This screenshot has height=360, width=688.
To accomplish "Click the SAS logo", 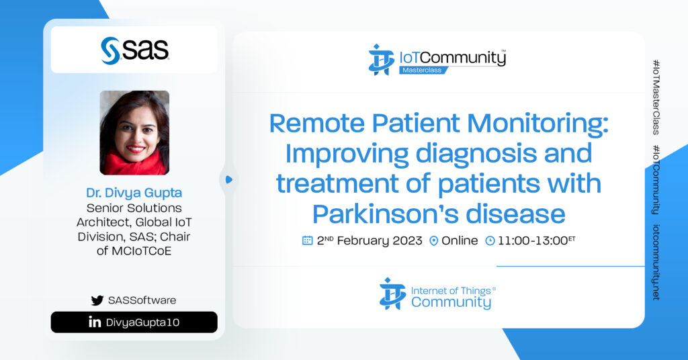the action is click(x=134, y=50).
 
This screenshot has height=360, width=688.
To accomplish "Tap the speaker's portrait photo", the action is click(x=134, y=132).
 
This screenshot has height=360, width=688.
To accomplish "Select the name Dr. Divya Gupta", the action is click(x=134, y=193).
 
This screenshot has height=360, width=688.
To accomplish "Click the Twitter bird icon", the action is click(x=97, y=300).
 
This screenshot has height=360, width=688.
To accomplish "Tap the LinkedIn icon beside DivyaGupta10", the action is click(x=94, y=322).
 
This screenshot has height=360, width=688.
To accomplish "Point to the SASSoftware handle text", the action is click(x=142, y=300).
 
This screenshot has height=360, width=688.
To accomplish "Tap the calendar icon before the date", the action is click(x=307, y=240).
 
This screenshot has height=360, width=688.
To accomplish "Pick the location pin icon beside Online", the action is click(x=433, y=240).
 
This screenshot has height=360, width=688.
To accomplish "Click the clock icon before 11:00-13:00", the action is click(x=490, y=240).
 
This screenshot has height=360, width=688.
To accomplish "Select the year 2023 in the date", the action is click(x=407, y=240).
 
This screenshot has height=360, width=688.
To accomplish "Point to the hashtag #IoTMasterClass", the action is click(x=656, y=97).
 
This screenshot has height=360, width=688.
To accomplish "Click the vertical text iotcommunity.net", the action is click(x=656, y=262).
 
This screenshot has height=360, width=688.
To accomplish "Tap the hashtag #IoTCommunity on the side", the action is click(x=656, y=180).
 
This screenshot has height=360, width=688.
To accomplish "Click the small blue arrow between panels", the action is click(x=228, y=179).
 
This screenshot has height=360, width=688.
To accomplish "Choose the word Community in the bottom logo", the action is click(x=451, y=302).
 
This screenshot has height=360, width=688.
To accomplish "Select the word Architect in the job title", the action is click(x=103, y=222).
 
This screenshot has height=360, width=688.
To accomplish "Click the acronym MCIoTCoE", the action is click(x=134, y=251).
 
